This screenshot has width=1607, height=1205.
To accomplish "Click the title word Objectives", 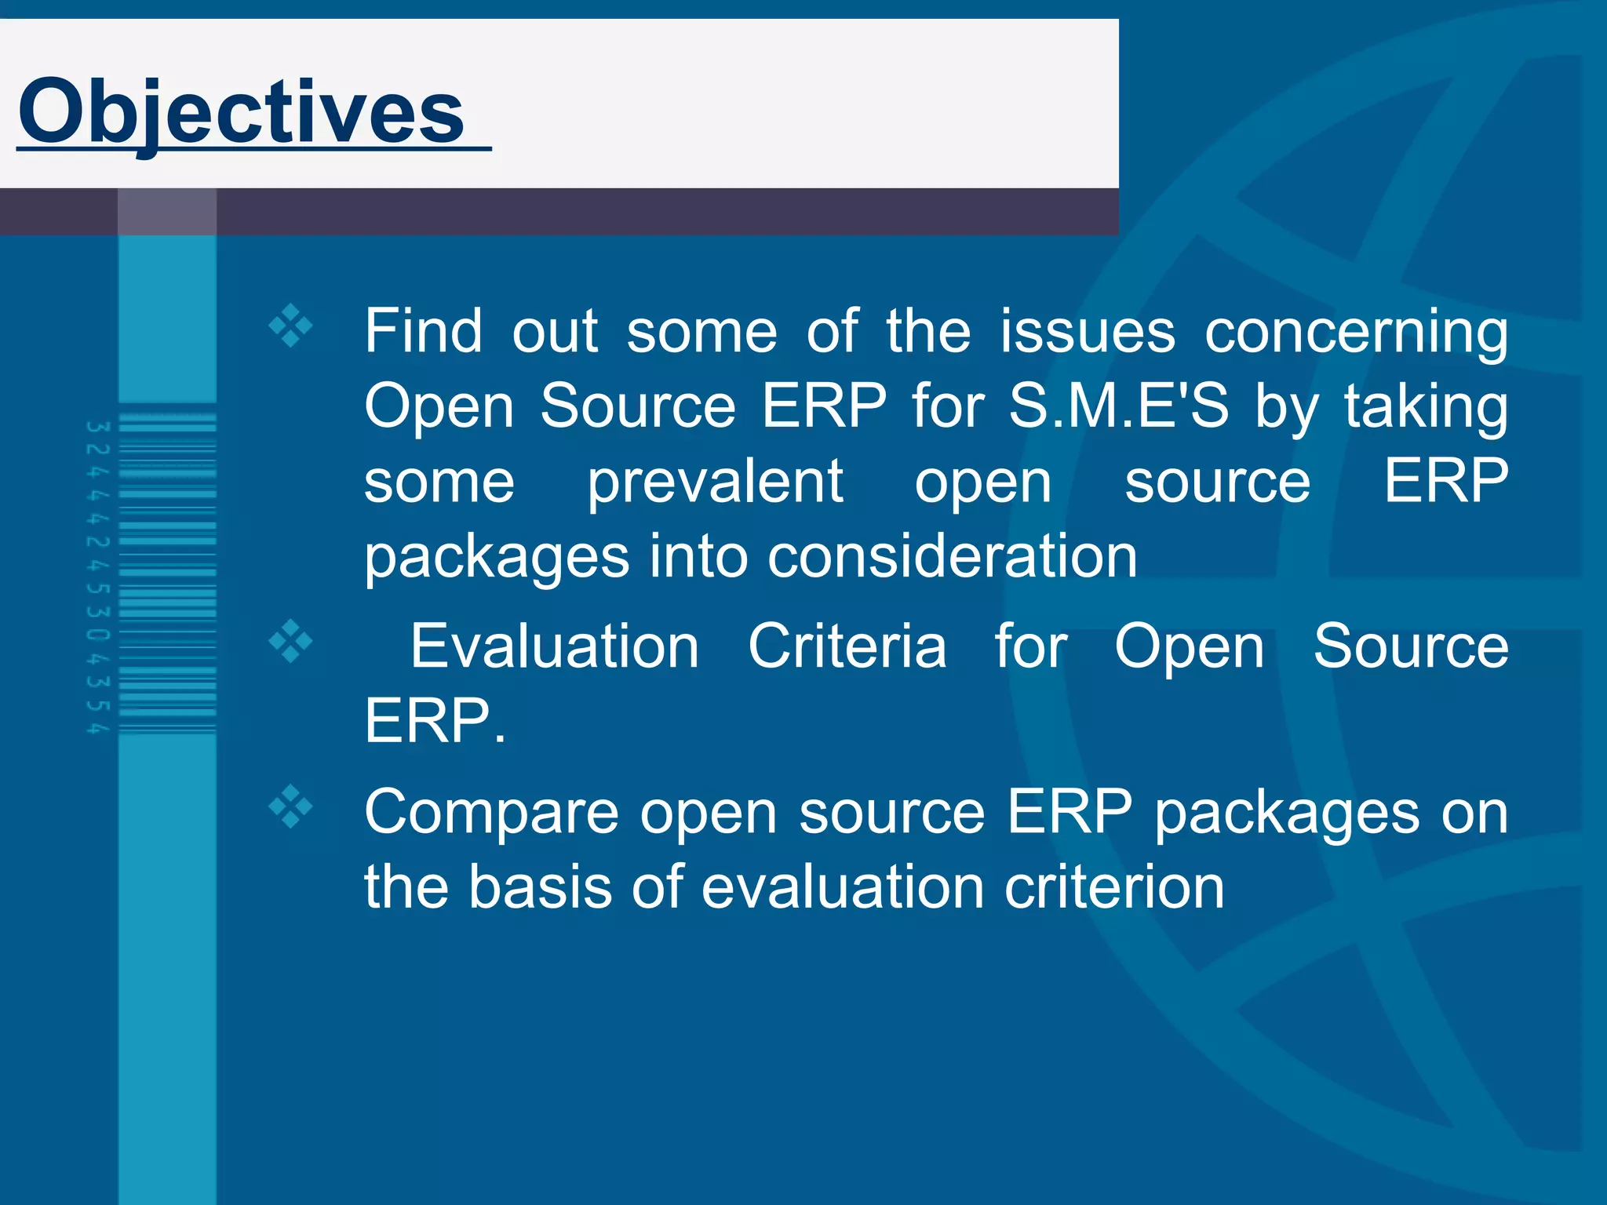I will [x=242, y=112].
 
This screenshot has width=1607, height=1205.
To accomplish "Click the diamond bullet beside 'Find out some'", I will [x=290, y=325].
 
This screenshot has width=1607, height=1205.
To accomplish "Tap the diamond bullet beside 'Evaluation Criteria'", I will [x=290, y=642].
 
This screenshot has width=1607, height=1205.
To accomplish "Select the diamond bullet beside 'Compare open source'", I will [x=290, y=806].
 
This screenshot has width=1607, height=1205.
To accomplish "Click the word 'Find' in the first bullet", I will [x=423, y=332].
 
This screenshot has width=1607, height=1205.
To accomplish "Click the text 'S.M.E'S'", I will [x=1118, y=406].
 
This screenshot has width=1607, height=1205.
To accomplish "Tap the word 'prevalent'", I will [x=715, y=482].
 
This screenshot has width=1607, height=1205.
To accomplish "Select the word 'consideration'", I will [x=952, y=557].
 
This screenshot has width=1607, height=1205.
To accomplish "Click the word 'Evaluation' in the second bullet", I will [x=554, y=647].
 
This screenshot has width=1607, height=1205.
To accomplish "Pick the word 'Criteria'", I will [x=847, y=647].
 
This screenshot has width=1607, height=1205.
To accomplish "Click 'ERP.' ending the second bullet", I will [x=435, y=722].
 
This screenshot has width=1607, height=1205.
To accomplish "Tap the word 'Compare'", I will [x=491, y=814].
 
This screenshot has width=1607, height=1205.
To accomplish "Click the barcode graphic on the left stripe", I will [x=167, y=573].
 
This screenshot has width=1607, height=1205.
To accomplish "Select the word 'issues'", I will [x=1087, y=332].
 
